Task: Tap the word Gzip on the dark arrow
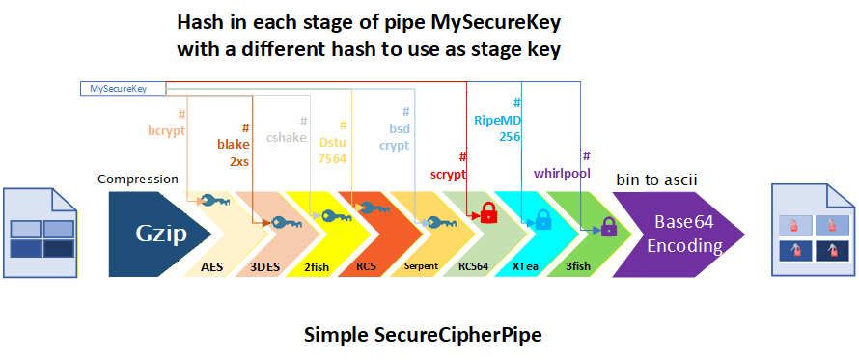click(161, 234)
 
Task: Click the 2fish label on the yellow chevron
click(317, 267)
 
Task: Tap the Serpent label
click(421, 266)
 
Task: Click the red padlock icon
click(488, 212)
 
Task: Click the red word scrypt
click(449, 175)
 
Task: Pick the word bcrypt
click(167, 131)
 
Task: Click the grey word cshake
click(287, 138)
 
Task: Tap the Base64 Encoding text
click(683, 234)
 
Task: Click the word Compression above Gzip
click(138, 180)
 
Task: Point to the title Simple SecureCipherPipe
click(423, 334)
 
